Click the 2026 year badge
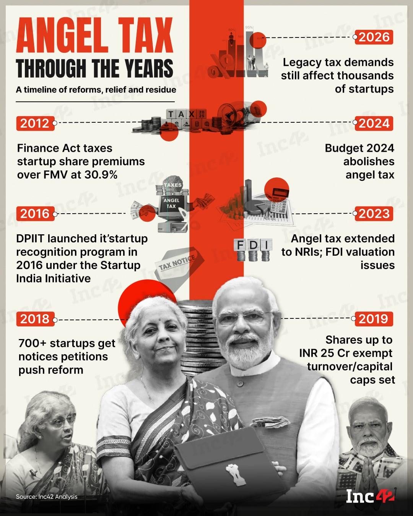(x=374, y=37)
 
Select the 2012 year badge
(x=35, y=123)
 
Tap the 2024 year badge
(x=374, y=123)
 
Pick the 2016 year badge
(x=35, y=214)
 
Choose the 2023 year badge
(x=374, y=214)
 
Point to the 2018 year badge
(x=35, y=319)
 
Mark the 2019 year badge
(x=374, y=319)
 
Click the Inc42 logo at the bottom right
(x=370, y=496)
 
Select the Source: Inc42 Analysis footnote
(x=47, y=497)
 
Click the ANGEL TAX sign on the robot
(x=171, y=203)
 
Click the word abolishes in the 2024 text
(x=369, y=162)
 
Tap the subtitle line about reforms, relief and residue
(x=96, y=90)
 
